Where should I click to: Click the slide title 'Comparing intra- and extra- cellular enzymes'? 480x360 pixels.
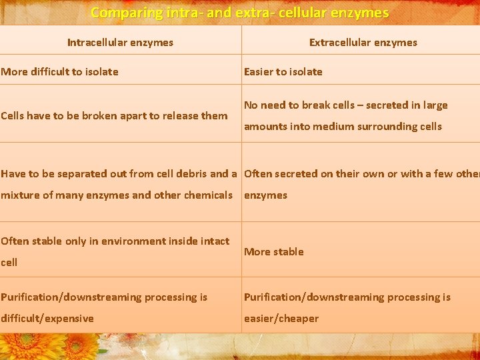[x=239, y=13]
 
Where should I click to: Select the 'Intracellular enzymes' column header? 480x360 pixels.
[x=120, y=43]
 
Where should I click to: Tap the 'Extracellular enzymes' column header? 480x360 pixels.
[x=363, y=43]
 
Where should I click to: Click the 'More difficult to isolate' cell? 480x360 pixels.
[x=59, y=72]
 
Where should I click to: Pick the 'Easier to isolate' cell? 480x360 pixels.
[x=283, y=72]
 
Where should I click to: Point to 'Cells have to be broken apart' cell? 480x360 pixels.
[x=114, y=116]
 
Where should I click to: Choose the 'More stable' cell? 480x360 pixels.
[x=273, y=252]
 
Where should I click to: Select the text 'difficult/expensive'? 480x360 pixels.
[x=47, y=319]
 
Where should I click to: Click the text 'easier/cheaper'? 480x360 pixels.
[x=281, y=319]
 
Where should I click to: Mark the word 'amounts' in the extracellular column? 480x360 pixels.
[x=265, y=127]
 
